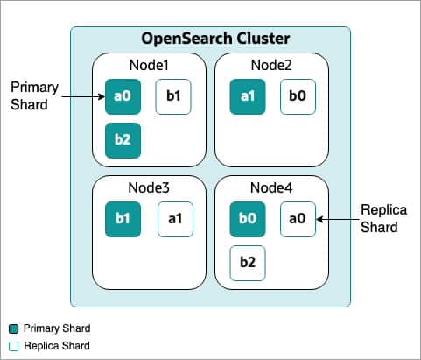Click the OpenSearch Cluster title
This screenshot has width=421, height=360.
[x=210, y=39]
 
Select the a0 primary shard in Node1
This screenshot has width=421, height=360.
[x=122, y=96]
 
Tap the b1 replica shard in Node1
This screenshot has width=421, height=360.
[x=172, y=96]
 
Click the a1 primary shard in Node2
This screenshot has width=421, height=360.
[x=247, y=96]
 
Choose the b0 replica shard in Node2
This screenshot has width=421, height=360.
[x=298, y=96]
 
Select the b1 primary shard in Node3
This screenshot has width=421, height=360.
[x=122, y=219]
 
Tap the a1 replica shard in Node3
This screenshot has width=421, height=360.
[x=174, y=219]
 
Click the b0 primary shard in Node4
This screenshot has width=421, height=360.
[x=247, y=219]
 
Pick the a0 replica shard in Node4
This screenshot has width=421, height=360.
[x=298, y=219]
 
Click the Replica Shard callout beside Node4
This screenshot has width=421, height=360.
[x=382, y=218]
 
